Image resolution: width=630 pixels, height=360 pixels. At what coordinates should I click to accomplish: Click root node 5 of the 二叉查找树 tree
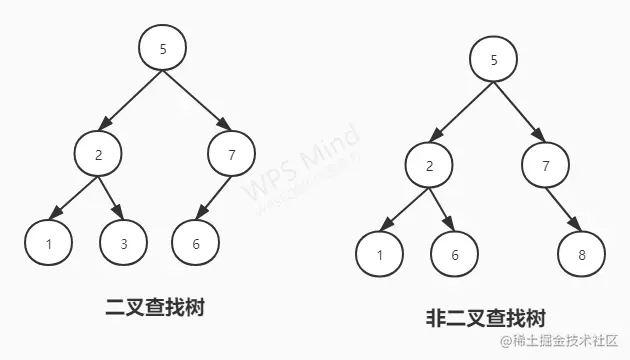point(164,47)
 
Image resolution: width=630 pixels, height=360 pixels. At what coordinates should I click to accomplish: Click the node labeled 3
point(123,241)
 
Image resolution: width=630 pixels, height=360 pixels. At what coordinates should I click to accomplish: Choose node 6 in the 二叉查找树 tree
point(195,241)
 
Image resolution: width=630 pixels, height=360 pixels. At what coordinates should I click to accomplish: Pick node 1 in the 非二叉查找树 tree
point(381,253)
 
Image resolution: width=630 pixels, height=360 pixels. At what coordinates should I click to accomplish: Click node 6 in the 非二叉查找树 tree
point(455,253)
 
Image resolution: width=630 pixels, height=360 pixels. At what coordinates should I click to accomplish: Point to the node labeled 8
point(583,253)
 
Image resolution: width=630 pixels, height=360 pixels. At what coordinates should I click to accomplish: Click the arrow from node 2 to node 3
point(111,197)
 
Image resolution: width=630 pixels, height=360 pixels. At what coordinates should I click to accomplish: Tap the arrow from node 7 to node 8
point(564,208)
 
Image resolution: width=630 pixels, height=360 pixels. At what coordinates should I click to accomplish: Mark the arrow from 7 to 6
point(214,197)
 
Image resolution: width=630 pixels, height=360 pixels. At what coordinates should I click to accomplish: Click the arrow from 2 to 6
point(442,208)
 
